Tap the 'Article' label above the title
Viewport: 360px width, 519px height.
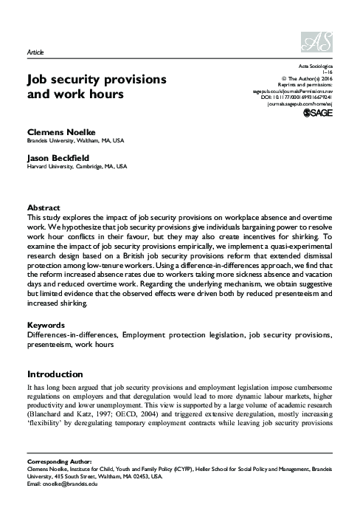pyautogui.click(x=35, y=55)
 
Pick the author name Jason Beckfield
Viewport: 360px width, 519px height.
pyautogui.click(x=55, y=157)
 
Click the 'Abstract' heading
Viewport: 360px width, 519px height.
pyautogui.click(x=44, y=208)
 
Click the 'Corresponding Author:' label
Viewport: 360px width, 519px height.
pyautogui.click(x=56, y=459)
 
